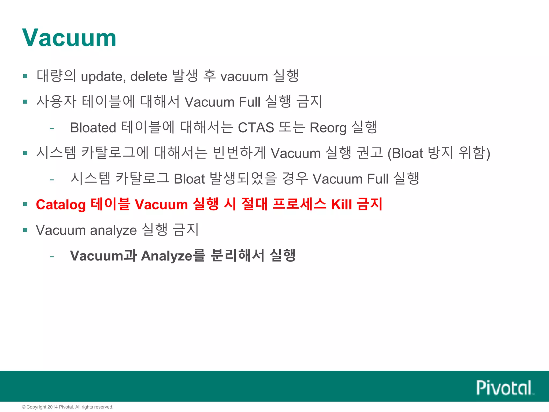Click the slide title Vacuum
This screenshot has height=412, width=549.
click(x=69, y=38)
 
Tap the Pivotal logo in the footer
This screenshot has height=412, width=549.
click(x=505, y=388)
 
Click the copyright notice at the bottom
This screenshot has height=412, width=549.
click(x=68, y=407)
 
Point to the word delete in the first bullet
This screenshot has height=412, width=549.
click(x=149, y=77)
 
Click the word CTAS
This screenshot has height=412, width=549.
click(x=256, y=128)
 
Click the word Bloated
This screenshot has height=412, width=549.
click(x=93, y=128)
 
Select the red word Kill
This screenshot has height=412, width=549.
click(x=342, y=205)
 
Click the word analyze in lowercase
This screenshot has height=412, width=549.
click(x=113, y=230)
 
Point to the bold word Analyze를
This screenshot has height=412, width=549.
click(x=173, y=256)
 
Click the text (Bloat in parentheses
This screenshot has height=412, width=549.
click(x=405, y=154)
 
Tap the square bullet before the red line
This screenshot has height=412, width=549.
click(x=25, y=204)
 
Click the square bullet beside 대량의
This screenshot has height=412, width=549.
click(x=25, y=76)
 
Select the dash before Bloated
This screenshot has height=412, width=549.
click(x=52, y=128)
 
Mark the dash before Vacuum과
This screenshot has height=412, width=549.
click(x=52, y=256)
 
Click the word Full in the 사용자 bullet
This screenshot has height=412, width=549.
click(x=249, y=102)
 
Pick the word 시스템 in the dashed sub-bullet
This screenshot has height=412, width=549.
click(x=90, y=179)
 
